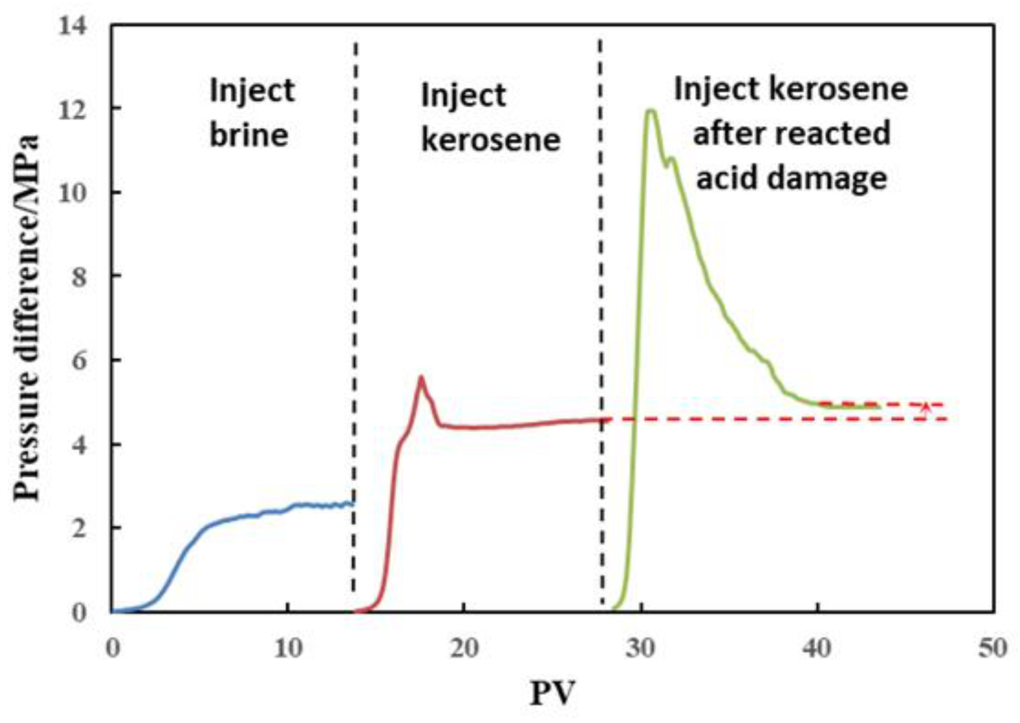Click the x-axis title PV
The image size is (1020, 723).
pyautogui.click(x=552, y=693)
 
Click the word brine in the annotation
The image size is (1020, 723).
pyautogui.click(x=249, y=134)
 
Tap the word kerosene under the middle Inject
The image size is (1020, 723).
pyautogui.click(x=491, y=140)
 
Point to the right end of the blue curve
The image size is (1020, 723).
pyautogui.click(x=352, y=502)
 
